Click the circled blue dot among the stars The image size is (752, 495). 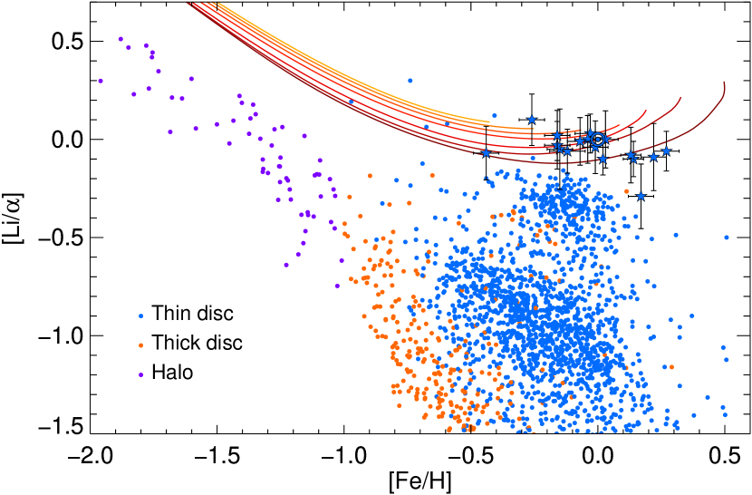(597, 139)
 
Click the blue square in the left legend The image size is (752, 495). (140, 315)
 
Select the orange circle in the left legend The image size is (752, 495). (140, 345)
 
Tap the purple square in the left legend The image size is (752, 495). (140, 374)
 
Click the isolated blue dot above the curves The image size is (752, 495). (410, 80)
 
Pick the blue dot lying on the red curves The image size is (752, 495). (352, 102)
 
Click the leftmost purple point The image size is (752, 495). (100, 81)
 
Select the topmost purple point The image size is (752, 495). (121, 39)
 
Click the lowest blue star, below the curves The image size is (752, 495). (641, 196)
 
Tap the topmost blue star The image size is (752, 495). (532, 120)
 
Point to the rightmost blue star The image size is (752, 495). (666, 150)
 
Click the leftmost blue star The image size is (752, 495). (486, 152)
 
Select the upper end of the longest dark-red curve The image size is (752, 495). (724, 83)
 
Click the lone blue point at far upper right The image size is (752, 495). (726, 238)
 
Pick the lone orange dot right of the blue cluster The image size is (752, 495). (671, 367)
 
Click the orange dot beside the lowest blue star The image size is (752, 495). (626, 191)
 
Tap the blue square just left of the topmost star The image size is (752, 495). (494, 115)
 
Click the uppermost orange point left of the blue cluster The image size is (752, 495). (370, 175)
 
